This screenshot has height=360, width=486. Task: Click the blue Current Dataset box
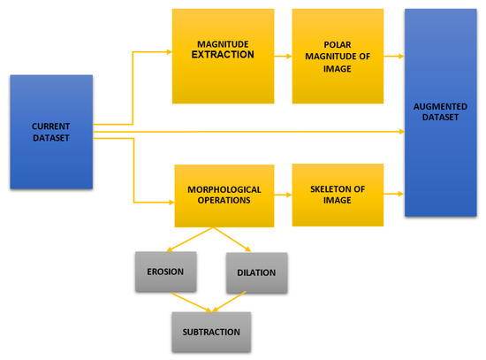coord(50,131)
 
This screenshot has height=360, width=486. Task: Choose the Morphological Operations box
coord(224,196)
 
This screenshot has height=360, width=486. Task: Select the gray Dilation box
coord(256,272)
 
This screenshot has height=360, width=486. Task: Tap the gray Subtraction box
coord(211,332)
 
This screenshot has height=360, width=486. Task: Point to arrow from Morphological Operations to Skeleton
coord(280,196)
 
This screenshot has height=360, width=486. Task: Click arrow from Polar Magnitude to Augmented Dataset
coord(394,56)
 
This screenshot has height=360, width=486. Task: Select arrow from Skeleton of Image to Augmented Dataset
coord(394,195)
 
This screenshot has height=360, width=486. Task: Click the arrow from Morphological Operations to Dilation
coord(233,241)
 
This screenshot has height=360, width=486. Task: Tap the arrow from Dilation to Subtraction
coord(236,303)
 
